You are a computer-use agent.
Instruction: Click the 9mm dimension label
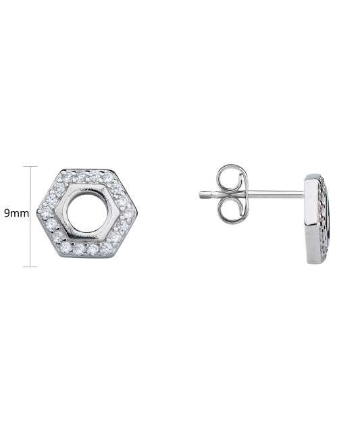16,213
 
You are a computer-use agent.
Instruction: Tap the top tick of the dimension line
30,166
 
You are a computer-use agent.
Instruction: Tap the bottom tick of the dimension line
30,266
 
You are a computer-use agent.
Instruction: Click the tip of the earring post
201,194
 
